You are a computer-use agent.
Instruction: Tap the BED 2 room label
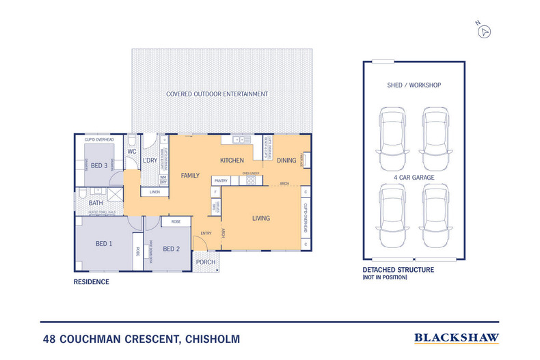172,249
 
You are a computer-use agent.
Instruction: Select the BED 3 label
100,165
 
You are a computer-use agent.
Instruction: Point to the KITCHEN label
232,161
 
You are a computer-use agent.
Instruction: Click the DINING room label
287,161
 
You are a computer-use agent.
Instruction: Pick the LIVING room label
261,219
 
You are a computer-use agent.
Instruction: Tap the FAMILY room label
190,176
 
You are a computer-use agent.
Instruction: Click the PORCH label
206,262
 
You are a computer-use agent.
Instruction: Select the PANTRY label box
221,180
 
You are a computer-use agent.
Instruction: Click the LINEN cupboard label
155,192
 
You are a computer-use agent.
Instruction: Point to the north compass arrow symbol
485,31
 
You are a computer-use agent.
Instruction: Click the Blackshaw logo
457,337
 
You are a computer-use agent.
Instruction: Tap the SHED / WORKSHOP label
414,85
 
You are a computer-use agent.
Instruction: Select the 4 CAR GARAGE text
414,177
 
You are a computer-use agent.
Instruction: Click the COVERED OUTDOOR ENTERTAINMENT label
217,94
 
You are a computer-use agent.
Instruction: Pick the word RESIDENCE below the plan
91,281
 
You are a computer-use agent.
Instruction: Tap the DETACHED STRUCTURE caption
398,270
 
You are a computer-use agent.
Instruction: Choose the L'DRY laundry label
150,161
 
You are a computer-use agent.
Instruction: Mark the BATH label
96,203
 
